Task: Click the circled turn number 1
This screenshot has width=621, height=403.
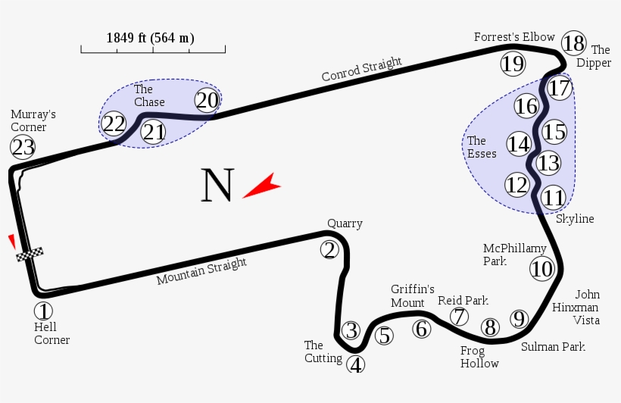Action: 44,311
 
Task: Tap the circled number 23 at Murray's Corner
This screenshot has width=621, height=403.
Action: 23,146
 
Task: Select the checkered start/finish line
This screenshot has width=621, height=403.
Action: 30,255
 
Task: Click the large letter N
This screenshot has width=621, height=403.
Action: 217,186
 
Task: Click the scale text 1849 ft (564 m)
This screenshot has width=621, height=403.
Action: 150,38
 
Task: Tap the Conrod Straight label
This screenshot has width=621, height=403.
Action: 361,70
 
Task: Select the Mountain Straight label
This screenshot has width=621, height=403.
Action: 201,272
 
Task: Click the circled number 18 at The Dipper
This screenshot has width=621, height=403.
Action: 574,42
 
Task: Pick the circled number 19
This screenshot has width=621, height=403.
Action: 513,64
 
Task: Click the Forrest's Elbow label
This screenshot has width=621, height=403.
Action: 514,37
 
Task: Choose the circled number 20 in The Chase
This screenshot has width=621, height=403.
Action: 207,100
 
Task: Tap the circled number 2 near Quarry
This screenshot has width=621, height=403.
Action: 329,249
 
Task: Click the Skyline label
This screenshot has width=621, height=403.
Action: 575,219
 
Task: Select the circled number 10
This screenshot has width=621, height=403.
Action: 542,268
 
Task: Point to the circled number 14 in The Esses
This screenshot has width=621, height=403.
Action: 519,143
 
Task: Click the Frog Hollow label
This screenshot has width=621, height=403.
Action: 479,357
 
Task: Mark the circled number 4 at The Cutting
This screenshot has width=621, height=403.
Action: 356,364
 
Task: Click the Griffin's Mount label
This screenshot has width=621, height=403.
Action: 412,296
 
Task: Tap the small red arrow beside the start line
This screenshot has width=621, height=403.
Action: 11,241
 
